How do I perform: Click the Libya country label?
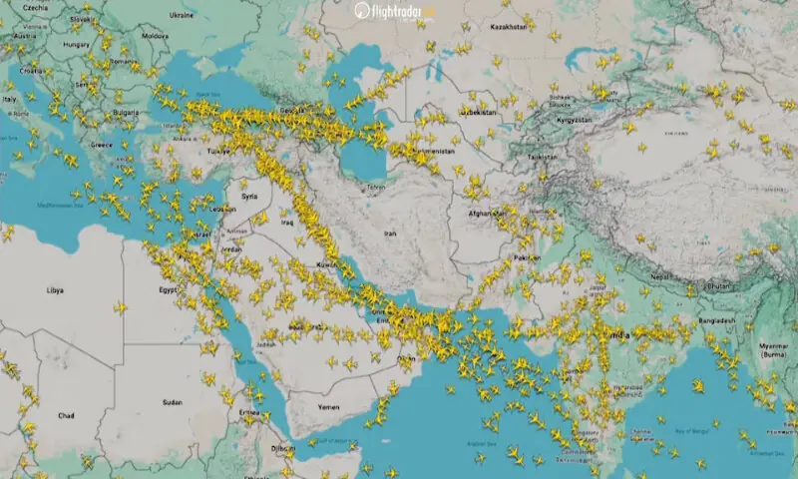pos(55,289)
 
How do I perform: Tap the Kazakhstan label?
pos(509,27)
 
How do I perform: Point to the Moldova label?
pos(155,35)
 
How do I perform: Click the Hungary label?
pos(76,44)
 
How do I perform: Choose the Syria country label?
pos(248,196)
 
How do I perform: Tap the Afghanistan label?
pos(486,213)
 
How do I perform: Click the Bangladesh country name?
pos(715,320)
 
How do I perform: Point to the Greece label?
pos(101,144)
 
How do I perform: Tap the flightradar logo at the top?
pos(396,12)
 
